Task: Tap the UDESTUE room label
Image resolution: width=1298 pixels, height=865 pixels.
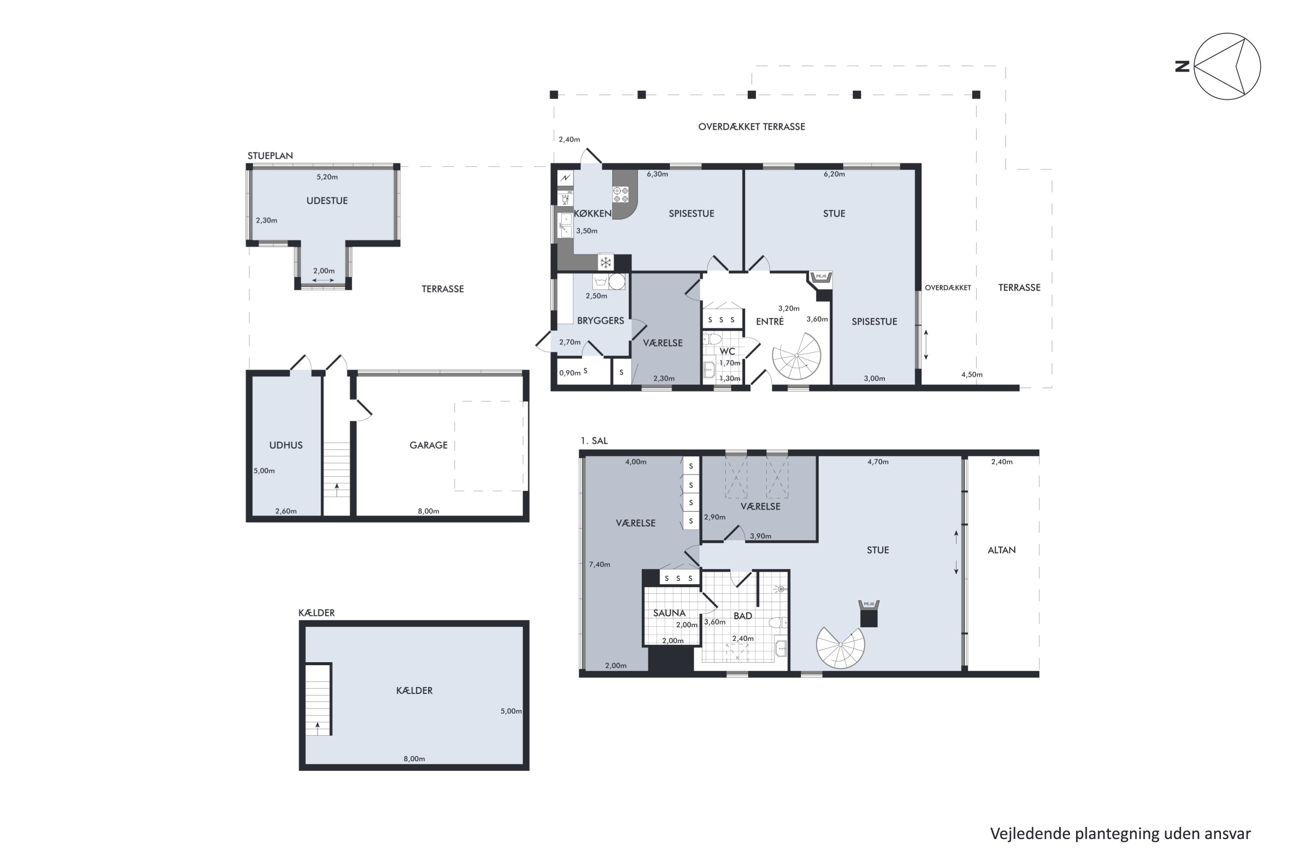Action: (327, 201)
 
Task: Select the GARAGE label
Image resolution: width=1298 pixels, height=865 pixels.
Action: (428, 445)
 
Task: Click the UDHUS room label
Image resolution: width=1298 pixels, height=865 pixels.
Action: (286, 445)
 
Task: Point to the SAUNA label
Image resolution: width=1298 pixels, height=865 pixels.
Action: (669, 613)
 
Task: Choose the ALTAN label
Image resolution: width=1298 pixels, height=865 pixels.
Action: (1001, 550)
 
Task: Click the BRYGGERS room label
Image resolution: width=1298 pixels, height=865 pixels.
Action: (601, 320)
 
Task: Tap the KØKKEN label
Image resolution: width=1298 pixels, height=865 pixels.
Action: (593, 214)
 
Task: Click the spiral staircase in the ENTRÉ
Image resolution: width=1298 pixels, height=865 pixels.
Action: (797, 356)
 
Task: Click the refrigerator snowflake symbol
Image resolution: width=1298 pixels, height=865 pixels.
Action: (605, 262)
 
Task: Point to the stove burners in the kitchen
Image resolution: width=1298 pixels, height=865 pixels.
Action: (621, 195)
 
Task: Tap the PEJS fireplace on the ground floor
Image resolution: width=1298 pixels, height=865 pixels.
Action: (821, 280)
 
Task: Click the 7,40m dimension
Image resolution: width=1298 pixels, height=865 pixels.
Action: (599, 564)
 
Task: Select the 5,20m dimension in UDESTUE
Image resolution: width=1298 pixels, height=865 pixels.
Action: (327, 177)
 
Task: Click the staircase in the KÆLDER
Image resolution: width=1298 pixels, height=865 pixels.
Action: (318, 699)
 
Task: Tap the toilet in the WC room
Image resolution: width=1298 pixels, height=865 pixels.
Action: (713, 338)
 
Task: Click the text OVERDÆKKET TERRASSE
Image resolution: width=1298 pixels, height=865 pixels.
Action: (751, 127)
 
